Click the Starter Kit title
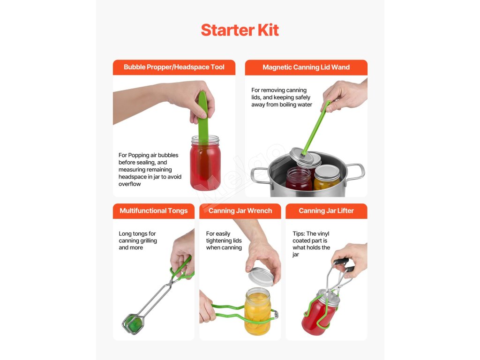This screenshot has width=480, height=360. (x=240, y=30)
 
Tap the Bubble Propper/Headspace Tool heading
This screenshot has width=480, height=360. (x=174, y=67)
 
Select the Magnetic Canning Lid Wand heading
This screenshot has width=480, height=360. (x=306, y=67)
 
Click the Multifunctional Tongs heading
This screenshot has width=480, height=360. (x=154, y=210)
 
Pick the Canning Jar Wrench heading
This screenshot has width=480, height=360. (x=240, y=210)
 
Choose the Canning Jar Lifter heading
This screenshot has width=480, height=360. (x=326, y=210)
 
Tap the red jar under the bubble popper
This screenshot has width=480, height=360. (x=205, y=163)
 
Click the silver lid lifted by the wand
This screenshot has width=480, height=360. (x=305, y=157)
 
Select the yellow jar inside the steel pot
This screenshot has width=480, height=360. (x=327, y=178)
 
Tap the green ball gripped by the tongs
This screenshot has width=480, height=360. (x=134, y=324)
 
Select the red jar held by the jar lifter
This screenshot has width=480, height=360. (x=318, y=313)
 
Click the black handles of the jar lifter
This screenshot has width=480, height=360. (x=344, y=265)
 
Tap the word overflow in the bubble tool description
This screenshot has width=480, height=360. (x=130, y=184)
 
